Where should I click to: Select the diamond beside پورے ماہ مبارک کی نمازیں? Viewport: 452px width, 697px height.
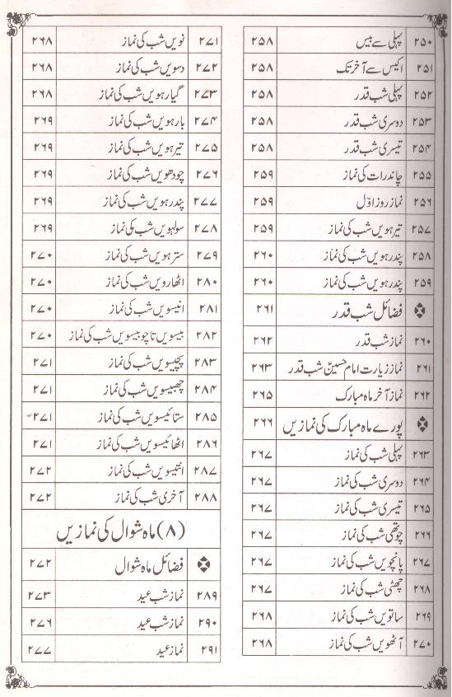[424, 424]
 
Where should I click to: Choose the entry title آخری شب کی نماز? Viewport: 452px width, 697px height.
[140, 498]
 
